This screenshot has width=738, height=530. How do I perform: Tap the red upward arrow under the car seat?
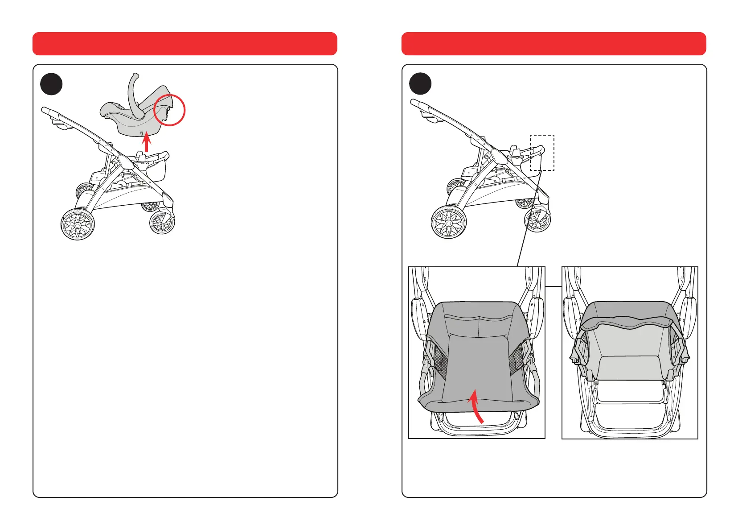pyautogui.click(x=146, y=145)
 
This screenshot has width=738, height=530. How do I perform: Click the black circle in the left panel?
pyautogui.click(x=51, y=84)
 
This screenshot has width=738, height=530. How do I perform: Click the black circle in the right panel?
pyautogui.click(x=420, y=84)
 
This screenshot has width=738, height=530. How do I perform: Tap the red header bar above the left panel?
pyautogui.click(x=184, y=44)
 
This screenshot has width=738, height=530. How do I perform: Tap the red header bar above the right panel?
pyautogui.click(x=553, y=44)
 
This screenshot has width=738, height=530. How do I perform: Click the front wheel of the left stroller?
pyautogui.click(x=162, y=222)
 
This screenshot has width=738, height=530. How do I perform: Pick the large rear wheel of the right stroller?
pyautogui.click(x=449, y=222)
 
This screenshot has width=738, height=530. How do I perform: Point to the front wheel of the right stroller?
pyautogui.click(x=537, y=220)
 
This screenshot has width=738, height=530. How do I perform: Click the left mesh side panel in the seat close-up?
pyautogui.click(x=439, y=360)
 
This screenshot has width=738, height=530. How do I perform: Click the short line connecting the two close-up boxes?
pyautogui.click(x=553, y=286)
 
